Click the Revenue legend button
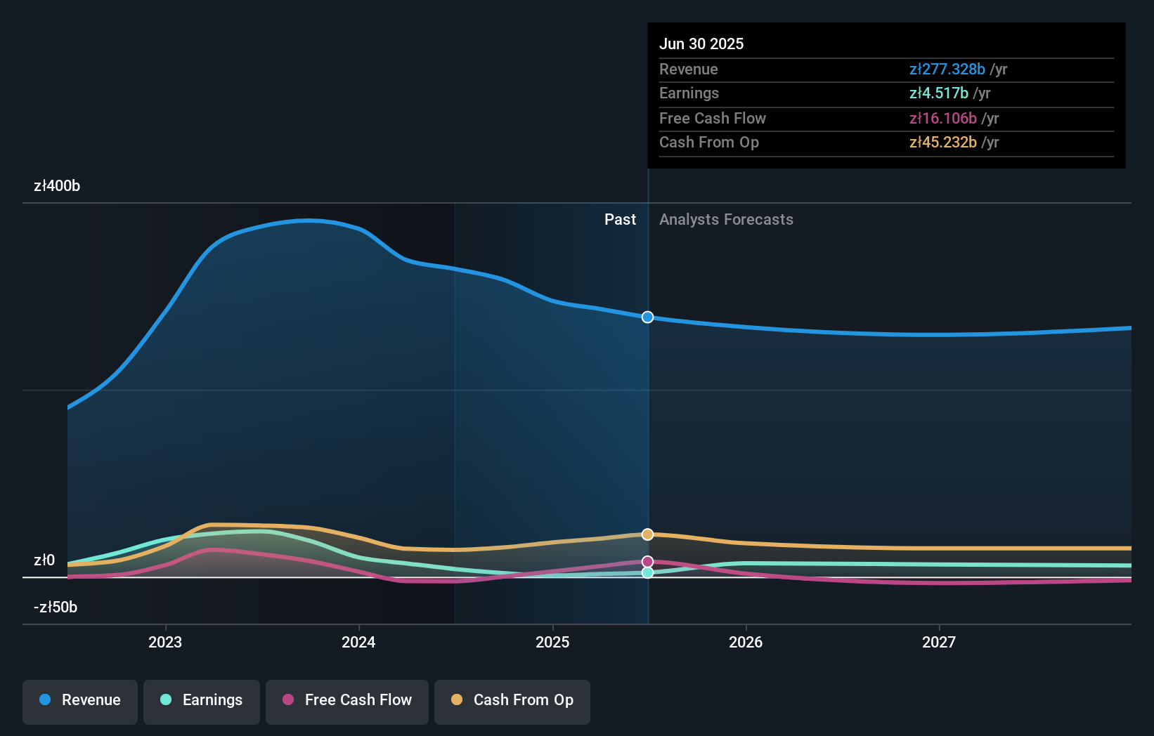click(x=80, y=700)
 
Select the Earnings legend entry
click(x=202, y=700)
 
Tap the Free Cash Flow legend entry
click(x=347, y=700)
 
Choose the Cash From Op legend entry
click(x=512, y=700)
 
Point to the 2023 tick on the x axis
click(x=165, y=642)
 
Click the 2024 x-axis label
click(x=358, y=642)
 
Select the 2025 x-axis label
click(x=552, y=642)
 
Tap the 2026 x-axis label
click(x=746, y=642)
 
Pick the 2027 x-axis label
click(x=939, y=642)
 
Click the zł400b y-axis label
click(x=57, y=186)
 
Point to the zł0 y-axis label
click(x=44, y=560)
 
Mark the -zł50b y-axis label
click(x=56, y=607)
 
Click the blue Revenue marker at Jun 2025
click(x=648, y=317)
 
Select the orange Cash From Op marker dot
click(x=648, y=534)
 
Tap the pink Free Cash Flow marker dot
click(x=648, y=562)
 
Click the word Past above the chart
click(x=620, y=220)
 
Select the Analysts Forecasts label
click(x=726, y=220)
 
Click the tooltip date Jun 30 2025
click(x=701, y=44)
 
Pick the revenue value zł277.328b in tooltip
click(x=947, y=70)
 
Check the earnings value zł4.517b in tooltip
click(x=938, y=93)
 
